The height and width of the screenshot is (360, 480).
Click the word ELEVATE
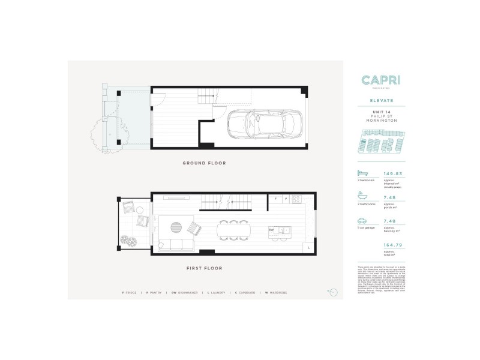pos(377,102)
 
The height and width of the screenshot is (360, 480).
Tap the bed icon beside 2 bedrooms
pos(362,173)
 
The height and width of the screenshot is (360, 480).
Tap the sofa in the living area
pos(175,245)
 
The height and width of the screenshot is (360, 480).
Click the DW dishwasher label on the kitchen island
pos(272,230)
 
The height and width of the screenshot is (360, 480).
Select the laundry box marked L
pos(308,247)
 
